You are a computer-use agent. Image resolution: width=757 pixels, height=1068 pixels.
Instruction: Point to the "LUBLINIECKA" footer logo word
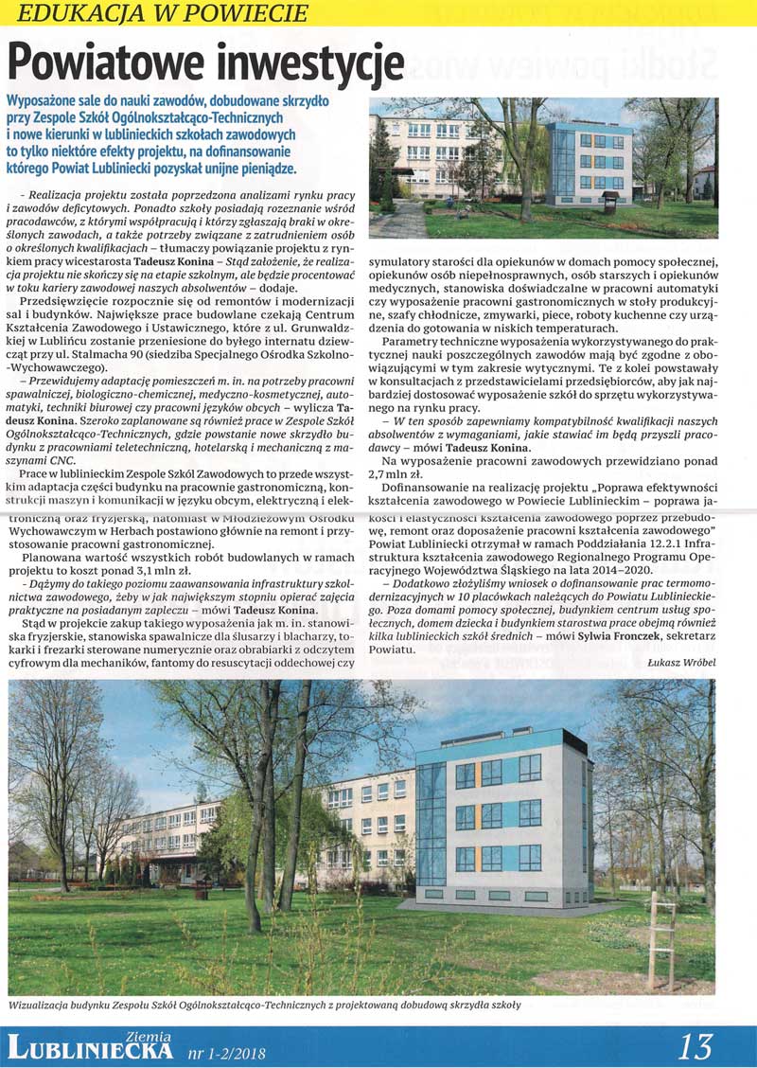pyautogui.click(x=90, y=1049)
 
